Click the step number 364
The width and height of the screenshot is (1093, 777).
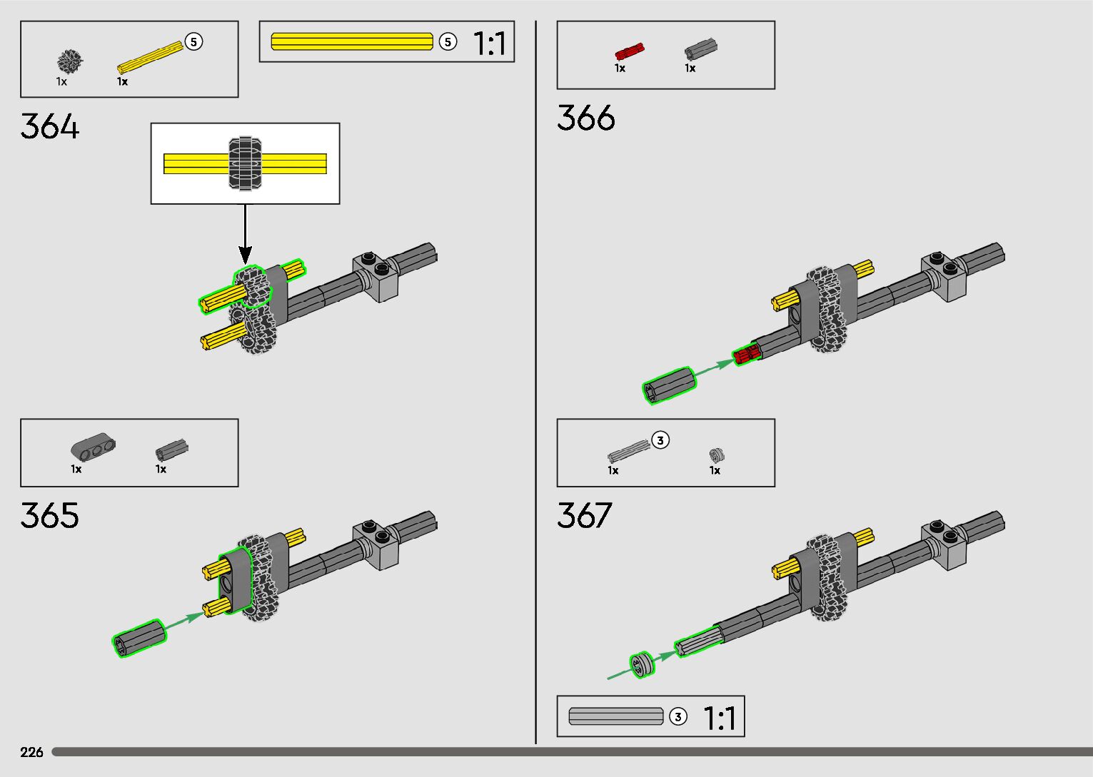point(50,126)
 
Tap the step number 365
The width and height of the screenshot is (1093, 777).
point(50,515)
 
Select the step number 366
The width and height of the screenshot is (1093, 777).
point(585,118)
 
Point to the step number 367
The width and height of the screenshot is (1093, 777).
point(585,515)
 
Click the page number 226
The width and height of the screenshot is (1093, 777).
point(32,752)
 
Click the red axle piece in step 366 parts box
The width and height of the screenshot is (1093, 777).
point(629,51)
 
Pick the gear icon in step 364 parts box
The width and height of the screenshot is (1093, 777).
point(70,61)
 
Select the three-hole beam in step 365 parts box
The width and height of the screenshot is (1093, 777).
point(93,447)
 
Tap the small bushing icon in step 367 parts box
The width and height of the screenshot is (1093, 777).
point(717,454)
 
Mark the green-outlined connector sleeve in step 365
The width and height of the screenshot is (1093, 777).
point(139,637)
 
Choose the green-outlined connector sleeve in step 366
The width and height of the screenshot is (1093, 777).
point(670,385)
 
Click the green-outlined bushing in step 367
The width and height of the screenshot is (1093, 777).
point(641,665)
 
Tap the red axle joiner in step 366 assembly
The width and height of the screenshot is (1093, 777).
point(746,354)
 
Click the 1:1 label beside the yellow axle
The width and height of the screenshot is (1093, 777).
point(490,44)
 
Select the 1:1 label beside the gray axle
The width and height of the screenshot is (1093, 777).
point(720,718)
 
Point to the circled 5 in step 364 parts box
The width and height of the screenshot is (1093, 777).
point(193,42)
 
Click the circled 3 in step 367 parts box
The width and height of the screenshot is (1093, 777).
point(660,440)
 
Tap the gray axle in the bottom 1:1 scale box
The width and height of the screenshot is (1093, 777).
point(616,716)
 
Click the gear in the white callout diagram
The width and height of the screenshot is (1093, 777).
point(245,163)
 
